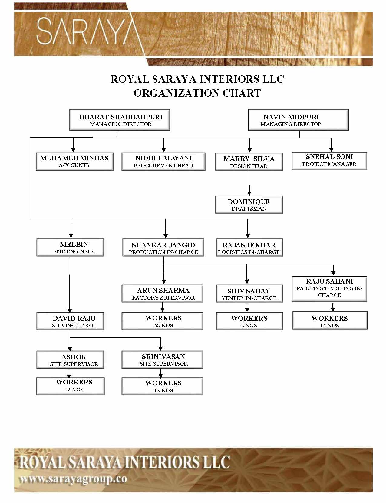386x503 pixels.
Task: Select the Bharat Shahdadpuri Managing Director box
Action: point(120,120)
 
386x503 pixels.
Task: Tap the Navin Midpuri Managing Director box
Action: point(298,120)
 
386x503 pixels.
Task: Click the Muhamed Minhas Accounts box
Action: point(74,162)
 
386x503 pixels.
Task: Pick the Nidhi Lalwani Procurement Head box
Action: point(163,162)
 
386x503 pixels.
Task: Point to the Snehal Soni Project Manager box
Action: point(329,161)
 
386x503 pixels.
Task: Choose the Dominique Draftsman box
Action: point(249,205)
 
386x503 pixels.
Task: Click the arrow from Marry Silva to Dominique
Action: point(249,183)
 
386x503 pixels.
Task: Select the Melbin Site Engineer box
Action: point(70,248)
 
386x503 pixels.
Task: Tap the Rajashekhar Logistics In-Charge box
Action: point(249,248)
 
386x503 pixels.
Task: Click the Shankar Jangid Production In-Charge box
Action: point(163,248)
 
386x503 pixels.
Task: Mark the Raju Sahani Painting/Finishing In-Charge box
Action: point(329,289)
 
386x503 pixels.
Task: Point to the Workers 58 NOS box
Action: point(162,321)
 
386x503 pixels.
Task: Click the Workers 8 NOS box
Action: point(249,321)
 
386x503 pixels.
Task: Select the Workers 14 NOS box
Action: point(330,321)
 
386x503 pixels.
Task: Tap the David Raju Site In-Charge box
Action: point(70,321)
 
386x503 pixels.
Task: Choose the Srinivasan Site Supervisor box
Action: point(162,360)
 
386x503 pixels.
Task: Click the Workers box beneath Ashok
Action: point(71,386)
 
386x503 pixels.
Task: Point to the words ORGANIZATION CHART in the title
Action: point(197,93)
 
